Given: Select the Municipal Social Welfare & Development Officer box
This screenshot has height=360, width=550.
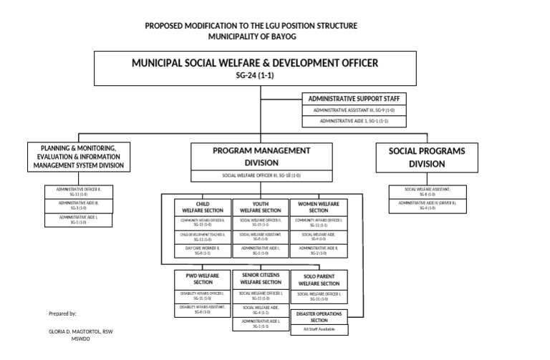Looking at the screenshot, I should coord(255,68).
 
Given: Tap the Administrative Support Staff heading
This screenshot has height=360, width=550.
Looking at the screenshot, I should coord(353,97).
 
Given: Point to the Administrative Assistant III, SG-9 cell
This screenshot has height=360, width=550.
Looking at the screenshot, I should coord(353,110).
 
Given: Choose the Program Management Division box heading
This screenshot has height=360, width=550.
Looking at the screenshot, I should coord(261,157).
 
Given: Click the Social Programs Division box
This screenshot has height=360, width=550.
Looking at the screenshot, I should coord(427,157).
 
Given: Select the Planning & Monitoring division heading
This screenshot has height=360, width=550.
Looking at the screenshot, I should coord(79,157).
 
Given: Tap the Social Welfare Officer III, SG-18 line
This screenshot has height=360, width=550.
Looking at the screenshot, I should coord(261,175).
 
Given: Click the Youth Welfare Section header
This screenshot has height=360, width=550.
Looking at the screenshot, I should coord(260,207).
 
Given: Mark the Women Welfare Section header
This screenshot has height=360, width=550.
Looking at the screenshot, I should coord(318,207).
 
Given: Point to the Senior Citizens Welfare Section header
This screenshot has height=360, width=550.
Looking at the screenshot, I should coord(260,278).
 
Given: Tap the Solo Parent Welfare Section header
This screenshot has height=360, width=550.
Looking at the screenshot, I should coord(318,279).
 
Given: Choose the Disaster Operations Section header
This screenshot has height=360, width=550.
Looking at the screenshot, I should coord(319,317).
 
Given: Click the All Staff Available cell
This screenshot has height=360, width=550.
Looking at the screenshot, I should coord(319,330).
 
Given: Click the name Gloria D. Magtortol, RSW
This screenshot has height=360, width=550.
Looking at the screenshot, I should coord(81,332).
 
